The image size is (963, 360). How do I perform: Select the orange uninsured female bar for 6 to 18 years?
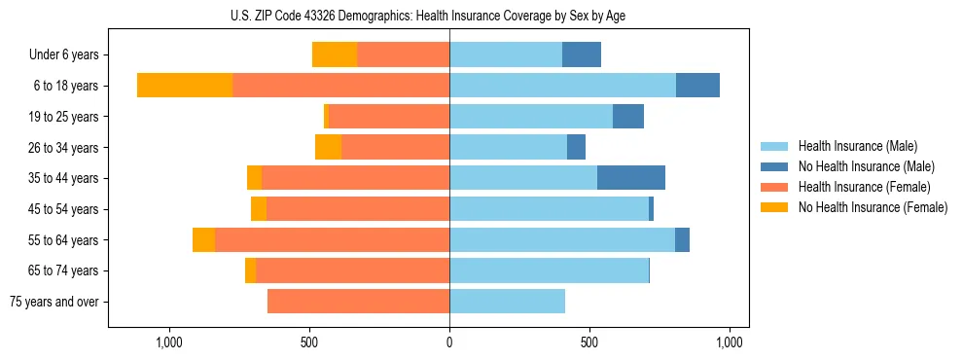click(x=185, y=86)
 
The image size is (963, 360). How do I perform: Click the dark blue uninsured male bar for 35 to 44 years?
click(x=631, y=178)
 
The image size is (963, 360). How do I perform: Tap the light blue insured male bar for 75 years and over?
click(x=507, y=302)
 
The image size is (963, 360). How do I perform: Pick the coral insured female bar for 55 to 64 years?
click(x=332, y=240)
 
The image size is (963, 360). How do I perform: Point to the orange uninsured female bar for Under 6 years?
click(x=335, y=54)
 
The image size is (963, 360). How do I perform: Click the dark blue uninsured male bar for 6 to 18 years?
click(x=697, y=86)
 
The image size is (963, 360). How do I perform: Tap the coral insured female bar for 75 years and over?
click(x=358, y=302)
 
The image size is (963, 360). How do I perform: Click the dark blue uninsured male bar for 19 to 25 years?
click(x=628, y=117)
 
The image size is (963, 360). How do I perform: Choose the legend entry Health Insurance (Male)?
click(x=857, y=146)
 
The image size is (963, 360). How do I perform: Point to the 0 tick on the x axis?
click(x=449, y=342)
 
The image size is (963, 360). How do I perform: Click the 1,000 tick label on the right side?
click(x=730, y=342)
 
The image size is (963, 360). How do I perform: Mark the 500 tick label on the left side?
click(x=309, y=342)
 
